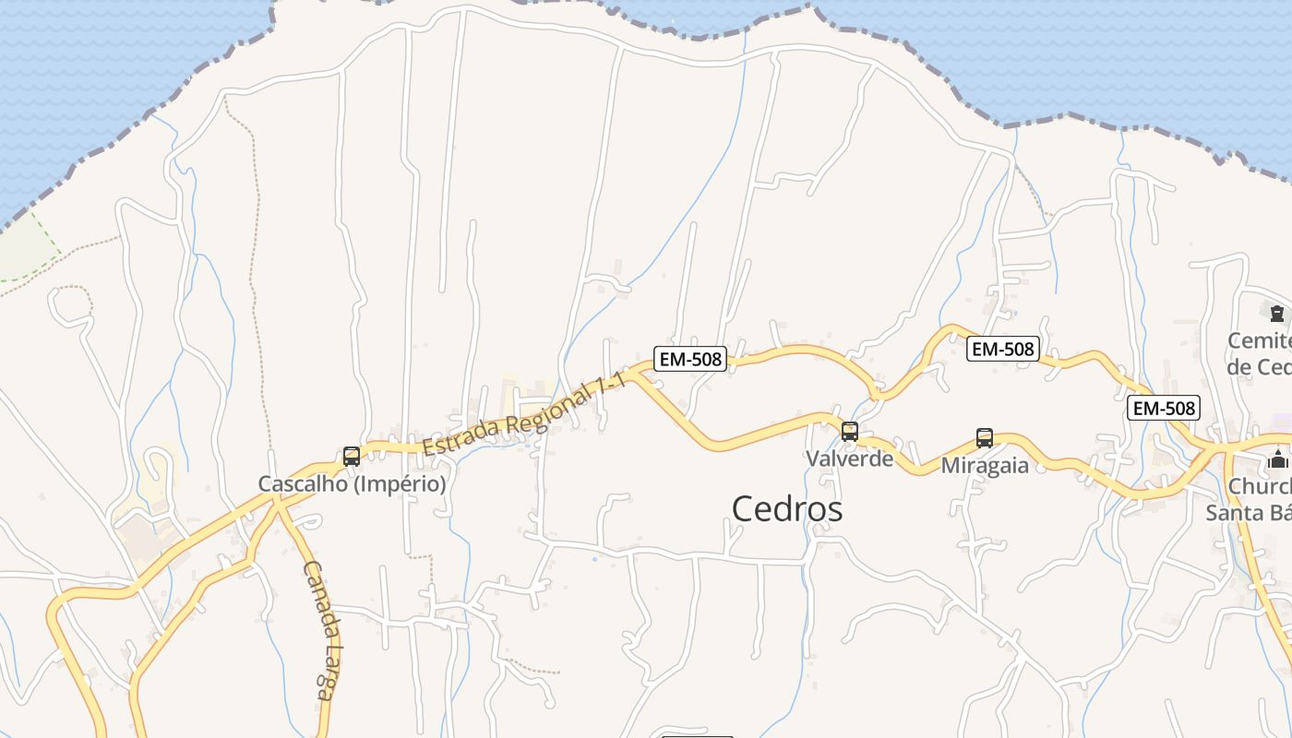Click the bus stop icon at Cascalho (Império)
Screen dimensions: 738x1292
(352, 456)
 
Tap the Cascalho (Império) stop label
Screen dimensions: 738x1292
(352, 483)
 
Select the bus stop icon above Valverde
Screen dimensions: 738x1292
(850, 431)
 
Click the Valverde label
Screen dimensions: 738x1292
(849, 458)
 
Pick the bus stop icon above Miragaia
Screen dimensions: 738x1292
(985, 437)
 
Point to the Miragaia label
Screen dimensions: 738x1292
(985, 465)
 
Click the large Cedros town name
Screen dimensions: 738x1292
(787, 508)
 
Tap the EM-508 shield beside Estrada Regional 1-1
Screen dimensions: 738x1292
(690, 359)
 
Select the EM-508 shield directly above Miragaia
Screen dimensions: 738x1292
(1003, 349)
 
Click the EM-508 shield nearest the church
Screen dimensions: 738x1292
(1164, 407)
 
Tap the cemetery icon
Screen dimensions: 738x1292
(1277, 314)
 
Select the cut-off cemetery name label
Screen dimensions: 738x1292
(1259, 353)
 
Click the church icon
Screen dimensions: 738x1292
(1278, 458)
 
